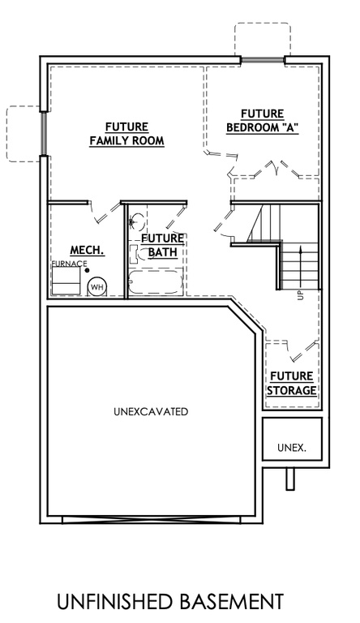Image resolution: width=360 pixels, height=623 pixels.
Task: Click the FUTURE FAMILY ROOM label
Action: (126, 134)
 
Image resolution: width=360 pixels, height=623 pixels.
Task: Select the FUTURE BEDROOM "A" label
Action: (262, 120)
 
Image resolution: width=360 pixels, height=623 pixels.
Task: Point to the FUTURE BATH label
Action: (162, 245)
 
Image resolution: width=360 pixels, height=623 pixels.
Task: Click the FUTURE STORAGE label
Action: (292, 383)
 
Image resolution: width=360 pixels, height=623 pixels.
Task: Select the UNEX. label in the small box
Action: (291, 447)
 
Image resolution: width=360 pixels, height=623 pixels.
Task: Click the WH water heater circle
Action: (96, 286)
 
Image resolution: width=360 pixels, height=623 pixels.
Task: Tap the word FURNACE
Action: (68, 264)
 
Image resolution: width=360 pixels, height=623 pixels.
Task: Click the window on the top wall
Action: (262, 59)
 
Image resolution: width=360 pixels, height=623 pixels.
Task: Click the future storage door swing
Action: (296, 351)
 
